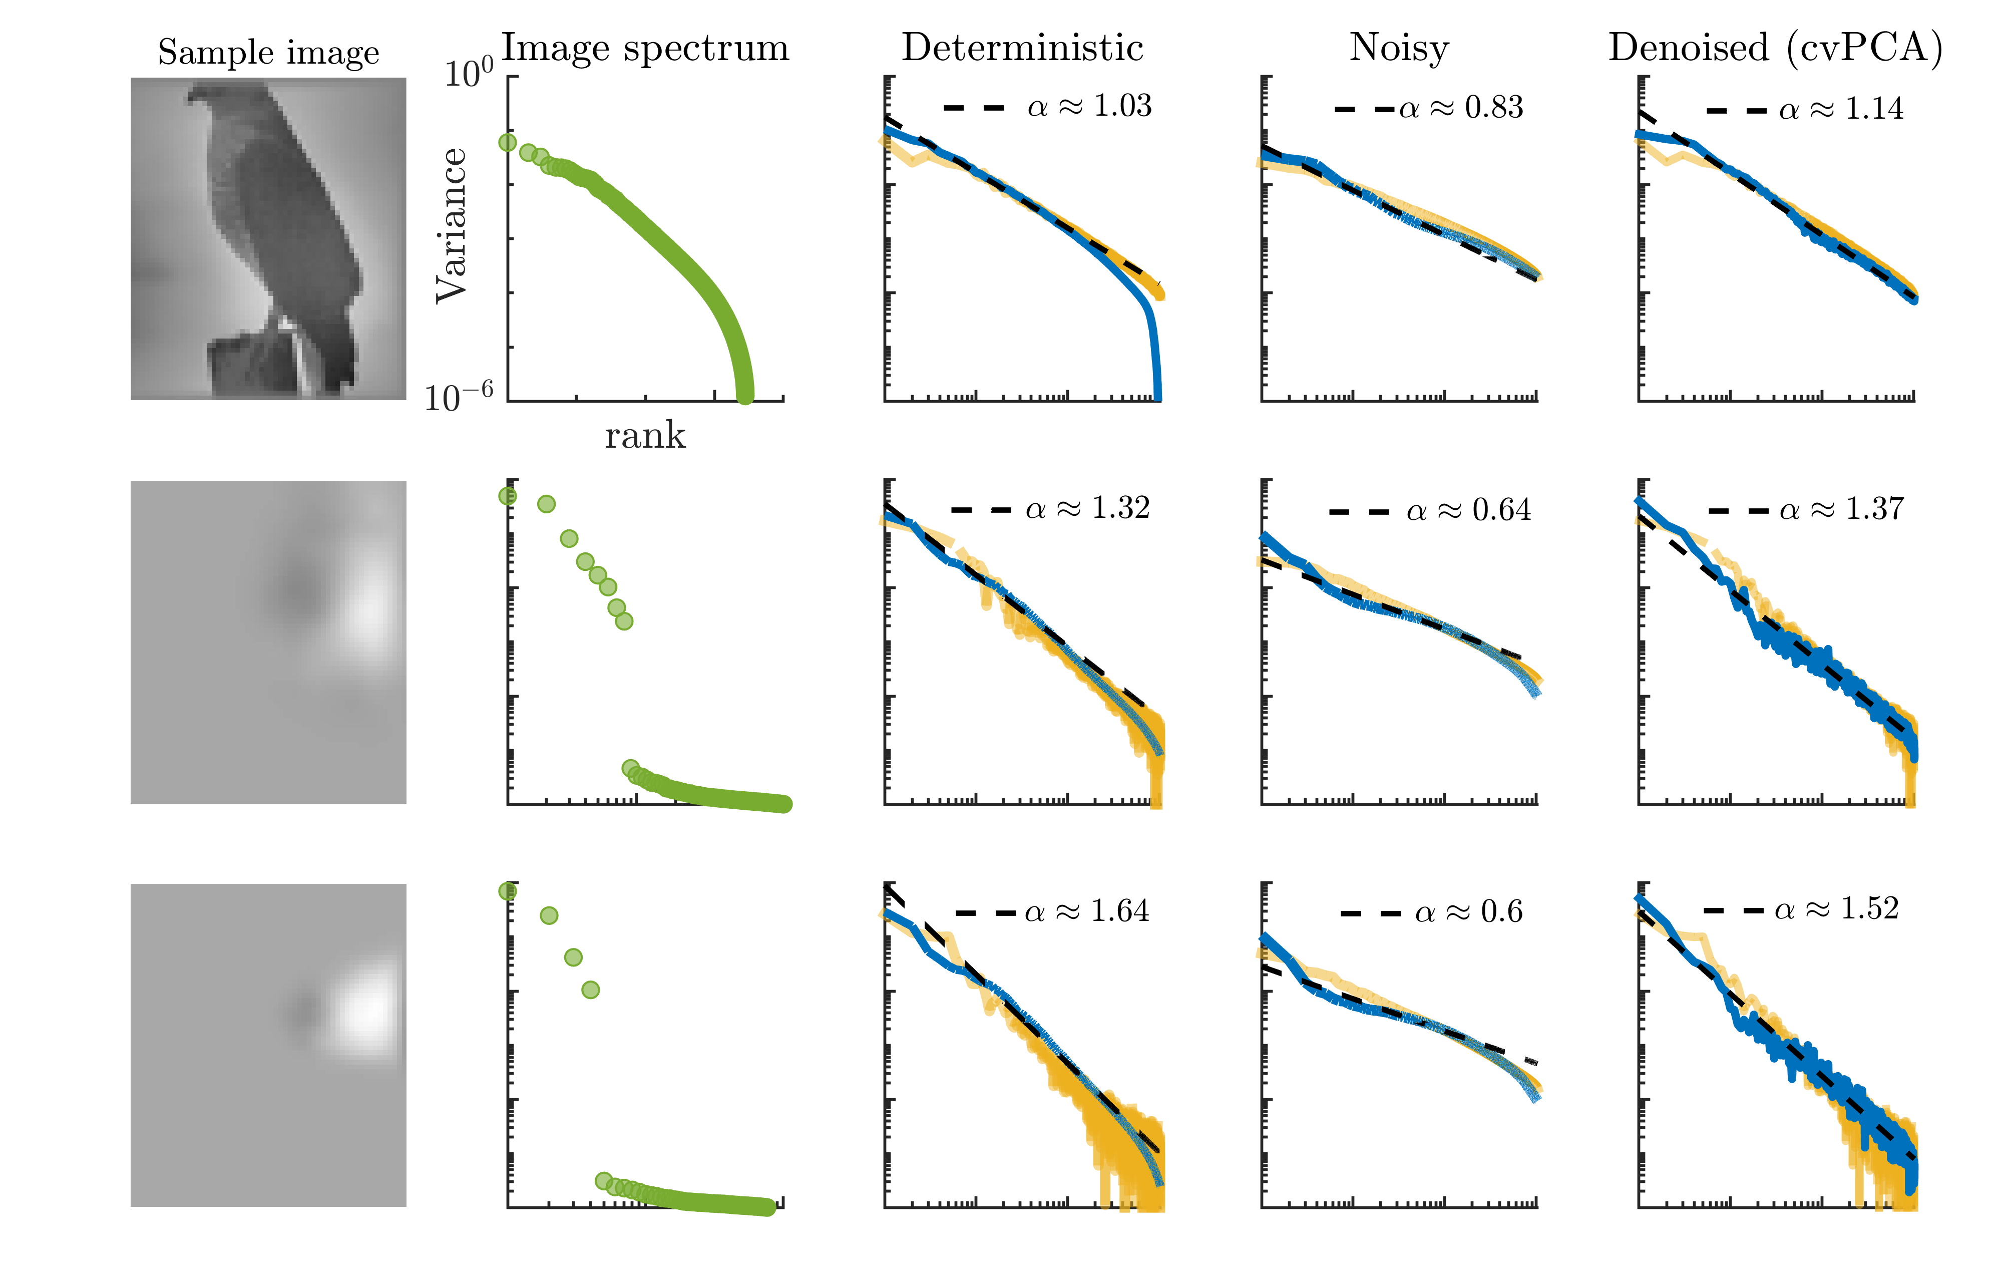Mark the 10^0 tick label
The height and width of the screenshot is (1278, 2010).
[468, 74]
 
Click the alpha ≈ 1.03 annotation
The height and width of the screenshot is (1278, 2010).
[1089, 106]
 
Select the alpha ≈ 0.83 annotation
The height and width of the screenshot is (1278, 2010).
[1461, 108]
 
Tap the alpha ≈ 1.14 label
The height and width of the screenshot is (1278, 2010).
[1841, 109]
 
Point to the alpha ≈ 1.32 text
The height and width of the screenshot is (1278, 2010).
[1088, 508]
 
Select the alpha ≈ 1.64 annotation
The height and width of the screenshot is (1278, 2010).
[1087, 911]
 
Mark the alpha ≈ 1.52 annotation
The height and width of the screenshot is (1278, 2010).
[1836, 908]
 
